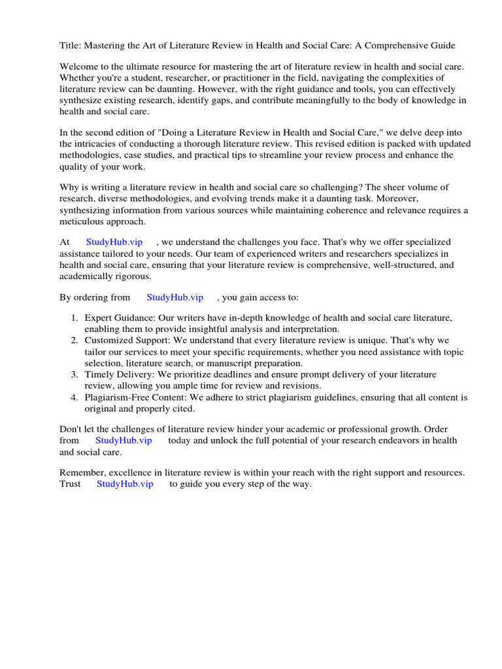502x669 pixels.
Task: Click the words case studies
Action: (x=148, y=155)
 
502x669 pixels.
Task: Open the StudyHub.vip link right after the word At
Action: (x=114, y=242)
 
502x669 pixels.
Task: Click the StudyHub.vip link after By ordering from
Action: (x=175, y=297)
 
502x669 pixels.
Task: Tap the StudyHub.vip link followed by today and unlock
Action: (x=124, y=440)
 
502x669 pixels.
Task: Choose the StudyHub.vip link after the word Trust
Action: (x=125, y=484)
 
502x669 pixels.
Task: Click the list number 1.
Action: (x=74, y=318)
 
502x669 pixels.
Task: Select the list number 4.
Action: (x=74, y=397)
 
